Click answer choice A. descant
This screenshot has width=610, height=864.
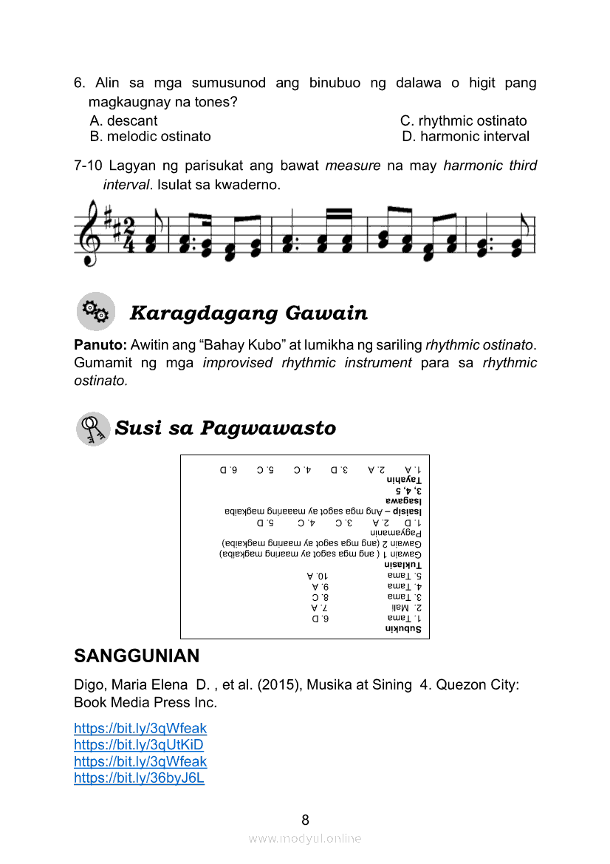(123, 120)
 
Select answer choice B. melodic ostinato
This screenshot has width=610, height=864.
(150, 136)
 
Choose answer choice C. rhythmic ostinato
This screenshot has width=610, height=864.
(463, 120)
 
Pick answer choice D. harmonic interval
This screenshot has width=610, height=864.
(465, 136)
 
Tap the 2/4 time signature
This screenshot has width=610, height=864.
(128, 235)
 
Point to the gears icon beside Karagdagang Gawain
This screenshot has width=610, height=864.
(96, 311)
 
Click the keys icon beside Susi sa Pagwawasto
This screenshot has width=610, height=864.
(94, 429)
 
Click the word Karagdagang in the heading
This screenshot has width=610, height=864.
(199, 313)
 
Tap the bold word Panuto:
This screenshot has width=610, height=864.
(100, 344)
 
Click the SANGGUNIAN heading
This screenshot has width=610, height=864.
(137, 656)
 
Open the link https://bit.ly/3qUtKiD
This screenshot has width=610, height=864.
(139, 744)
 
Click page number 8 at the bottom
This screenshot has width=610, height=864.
(305, 820)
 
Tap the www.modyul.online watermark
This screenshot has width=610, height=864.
(305, 838)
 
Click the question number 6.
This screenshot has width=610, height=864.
(80, 84)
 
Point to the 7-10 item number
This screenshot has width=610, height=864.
(89, 166)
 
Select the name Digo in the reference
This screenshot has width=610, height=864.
(89, 685)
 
